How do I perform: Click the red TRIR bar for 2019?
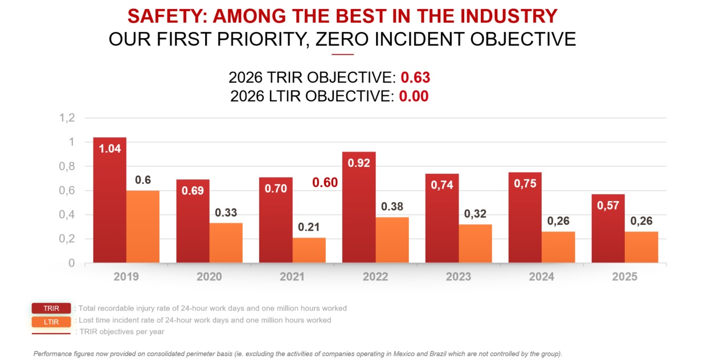click(109, 201)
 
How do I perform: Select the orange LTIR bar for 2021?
click(309, 251)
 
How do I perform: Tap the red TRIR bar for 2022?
click(359, 207)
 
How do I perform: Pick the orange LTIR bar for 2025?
click(641, 247)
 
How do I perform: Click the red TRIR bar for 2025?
click(608, 228)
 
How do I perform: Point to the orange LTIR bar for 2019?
click(143, 227)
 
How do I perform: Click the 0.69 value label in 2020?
click(193, 191)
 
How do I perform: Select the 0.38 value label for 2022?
click(392, 206)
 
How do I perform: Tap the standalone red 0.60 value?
click(325, 183)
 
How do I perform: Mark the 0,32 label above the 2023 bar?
click(475, 214)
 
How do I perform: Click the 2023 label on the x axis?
click(459, 277)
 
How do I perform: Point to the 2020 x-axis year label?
click(209, 277)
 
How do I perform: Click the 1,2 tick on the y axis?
click(67, 118)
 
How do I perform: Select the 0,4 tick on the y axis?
click(67, 215)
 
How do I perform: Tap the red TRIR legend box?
click(51, 308)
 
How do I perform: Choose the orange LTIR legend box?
click(51, 322)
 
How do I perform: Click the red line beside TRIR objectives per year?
click(51, 334)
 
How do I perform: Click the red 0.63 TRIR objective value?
click(415, 77)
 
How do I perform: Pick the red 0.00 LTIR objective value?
click(414, 96)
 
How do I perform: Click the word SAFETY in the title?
click(167, 16)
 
